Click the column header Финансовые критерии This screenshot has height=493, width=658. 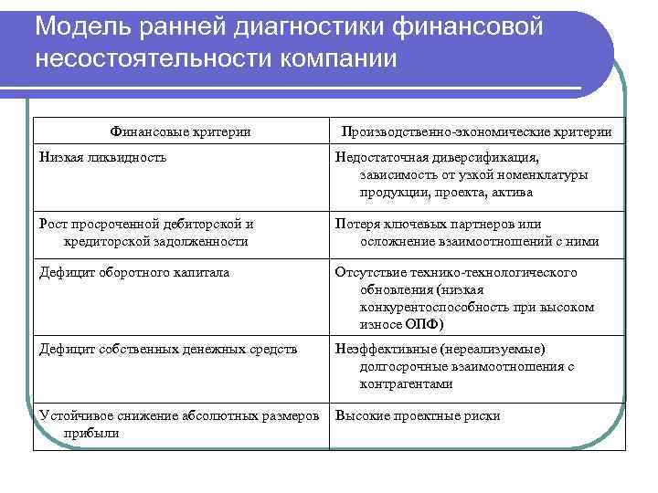[180, 132]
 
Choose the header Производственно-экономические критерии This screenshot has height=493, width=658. [476, 132]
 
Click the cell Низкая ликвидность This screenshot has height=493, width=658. [101, 157]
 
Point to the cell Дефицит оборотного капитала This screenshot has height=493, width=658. [133, 272]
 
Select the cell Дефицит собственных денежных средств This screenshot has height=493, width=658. [167, 349]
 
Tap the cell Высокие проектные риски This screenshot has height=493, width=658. [418, 415]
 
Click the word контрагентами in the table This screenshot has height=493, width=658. [407, 383]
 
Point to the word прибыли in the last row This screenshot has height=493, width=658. [92, 433]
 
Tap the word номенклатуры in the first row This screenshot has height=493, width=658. [537, 174]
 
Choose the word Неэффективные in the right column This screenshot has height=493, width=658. [385, 349]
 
